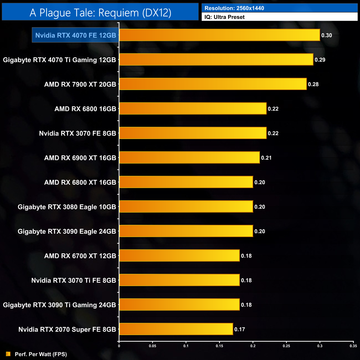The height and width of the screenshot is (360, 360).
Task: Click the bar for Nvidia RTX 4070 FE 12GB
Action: tap(219, 35)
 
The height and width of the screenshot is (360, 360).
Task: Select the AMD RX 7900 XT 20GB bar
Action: tap(213, 84)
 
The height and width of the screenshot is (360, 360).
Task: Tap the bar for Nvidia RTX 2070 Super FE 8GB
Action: tap(176, 329)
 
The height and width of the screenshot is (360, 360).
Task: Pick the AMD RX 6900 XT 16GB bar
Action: tap(189, 158)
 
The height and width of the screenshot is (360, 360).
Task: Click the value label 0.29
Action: tap(320, 60)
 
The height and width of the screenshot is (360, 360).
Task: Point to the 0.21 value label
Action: tap(266, 158)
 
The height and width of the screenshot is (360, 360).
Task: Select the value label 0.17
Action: tap(240, 329)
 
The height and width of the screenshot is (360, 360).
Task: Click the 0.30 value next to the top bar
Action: tap(326, 35)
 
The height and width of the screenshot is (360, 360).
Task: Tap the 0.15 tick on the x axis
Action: tap(219, 346)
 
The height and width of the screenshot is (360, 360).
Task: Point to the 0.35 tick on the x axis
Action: tap(353, 346)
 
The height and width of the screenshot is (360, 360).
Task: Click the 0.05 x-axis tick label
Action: tap(152, 346)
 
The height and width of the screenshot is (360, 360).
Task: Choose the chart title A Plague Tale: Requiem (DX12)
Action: tap(100, 13)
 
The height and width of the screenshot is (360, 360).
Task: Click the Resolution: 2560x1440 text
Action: tap(234, 8)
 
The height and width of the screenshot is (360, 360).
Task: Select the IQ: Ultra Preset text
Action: tap(225, 17)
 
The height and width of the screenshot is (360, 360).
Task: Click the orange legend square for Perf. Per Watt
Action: tap(8, 354)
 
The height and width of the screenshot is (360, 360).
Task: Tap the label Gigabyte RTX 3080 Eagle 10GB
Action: tap(67, 207)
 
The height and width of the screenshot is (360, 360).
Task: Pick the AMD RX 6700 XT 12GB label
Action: tap(80, 256)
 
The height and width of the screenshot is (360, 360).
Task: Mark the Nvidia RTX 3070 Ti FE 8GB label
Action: tap(74, 280)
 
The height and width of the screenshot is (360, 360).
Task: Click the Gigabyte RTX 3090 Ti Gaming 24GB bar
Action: tap(179, 305)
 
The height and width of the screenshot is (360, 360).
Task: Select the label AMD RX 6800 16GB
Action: tap(85, 109)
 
